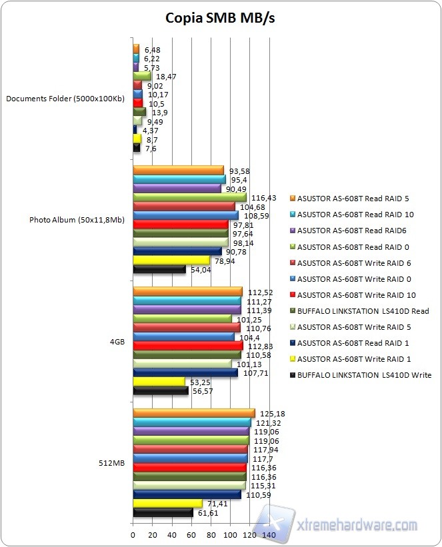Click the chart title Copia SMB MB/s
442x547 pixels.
[x=220, y=18]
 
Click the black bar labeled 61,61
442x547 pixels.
[x=163, y=513]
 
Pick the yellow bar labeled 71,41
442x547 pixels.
[x=167, y=504]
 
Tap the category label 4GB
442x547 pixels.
[x=117, y=341]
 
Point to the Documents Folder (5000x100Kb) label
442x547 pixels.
[x=65, y=99]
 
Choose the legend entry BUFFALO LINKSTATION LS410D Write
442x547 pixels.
[x=365, y=375]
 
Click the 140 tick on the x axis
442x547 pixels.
[x=269, y=535]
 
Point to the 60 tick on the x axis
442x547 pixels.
[x=191, y=535]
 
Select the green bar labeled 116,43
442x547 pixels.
[x=189, y=198]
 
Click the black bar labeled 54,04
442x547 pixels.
[x=159, y=270]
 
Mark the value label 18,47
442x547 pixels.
[x=166, y=77]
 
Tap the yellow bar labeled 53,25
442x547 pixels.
[x=159, y=382]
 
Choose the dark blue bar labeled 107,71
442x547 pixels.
[x=185, y=372]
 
